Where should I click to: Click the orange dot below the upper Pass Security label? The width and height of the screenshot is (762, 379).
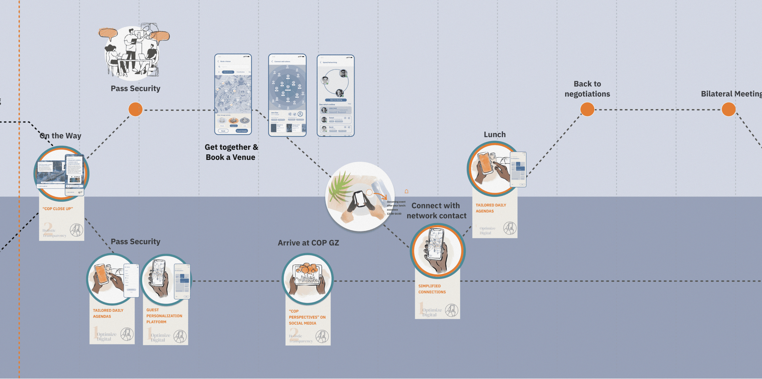[x=136, y=110]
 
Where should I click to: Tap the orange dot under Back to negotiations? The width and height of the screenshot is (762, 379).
[x=587, y=110]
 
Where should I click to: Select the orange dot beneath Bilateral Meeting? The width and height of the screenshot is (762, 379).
[x=728, y=110]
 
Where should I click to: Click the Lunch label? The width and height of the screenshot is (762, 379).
[x=494, y=135]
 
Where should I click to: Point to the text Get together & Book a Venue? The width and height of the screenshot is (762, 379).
[x=231, y=152]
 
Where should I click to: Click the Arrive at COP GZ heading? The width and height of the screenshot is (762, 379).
[x=308, y=243]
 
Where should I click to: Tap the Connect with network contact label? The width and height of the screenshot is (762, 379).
[x=436, y=211]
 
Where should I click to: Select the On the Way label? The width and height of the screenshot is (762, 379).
[x=61, y=136]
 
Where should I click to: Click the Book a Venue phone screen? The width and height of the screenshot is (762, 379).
[x=233, y=94]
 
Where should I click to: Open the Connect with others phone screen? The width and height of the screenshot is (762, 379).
[x=287, y=95]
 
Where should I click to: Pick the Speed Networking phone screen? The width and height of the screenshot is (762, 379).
[x=336, y=96]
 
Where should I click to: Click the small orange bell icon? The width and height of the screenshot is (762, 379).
[x=406, y=191]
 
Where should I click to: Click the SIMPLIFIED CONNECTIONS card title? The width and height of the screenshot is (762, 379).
[x=432, y=289]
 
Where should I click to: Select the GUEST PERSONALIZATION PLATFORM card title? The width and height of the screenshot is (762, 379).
[x=164, y=316]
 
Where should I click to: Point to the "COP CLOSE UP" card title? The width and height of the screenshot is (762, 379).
[x=58, y=209]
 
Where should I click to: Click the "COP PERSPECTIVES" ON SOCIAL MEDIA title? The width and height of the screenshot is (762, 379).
[x=307, y=317]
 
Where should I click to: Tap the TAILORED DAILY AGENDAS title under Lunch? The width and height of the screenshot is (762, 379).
[x=491, y=208]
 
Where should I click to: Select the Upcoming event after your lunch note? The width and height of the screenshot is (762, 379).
[x=396, y=207]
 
